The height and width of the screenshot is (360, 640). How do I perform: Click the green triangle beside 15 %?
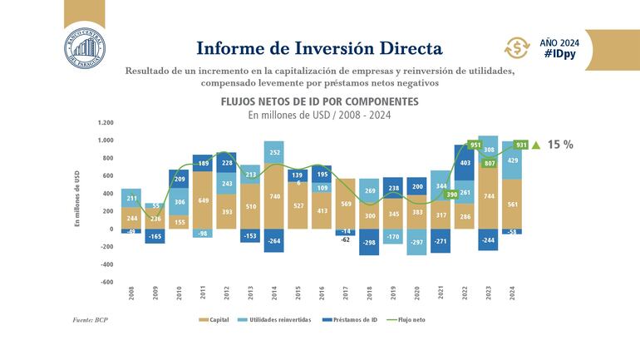pyautogui.click(x=535, y=145)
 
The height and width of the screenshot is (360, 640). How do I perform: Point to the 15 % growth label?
pyautogui.click(x=560, y=145)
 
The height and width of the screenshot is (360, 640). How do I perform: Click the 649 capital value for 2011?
pyautogui.click(x=203, y=200)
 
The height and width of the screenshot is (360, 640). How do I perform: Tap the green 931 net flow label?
pyautogui.click(x=521, y=145)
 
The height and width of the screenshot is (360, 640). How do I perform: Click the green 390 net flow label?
pyautogui.click(x=452, y=195)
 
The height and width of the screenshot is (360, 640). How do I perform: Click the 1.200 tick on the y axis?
pyautogui.click(x=105, y=122)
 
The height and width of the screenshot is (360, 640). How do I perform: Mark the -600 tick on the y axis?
pyautogui.click(x=106, y=282)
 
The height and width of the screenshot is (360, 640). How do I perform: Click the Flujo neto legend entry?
pyautogui.click(x=411, y=319)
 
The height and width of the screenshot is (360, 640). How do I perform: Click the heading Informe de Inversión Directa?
pyautogui.click(x=319, y=46)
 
